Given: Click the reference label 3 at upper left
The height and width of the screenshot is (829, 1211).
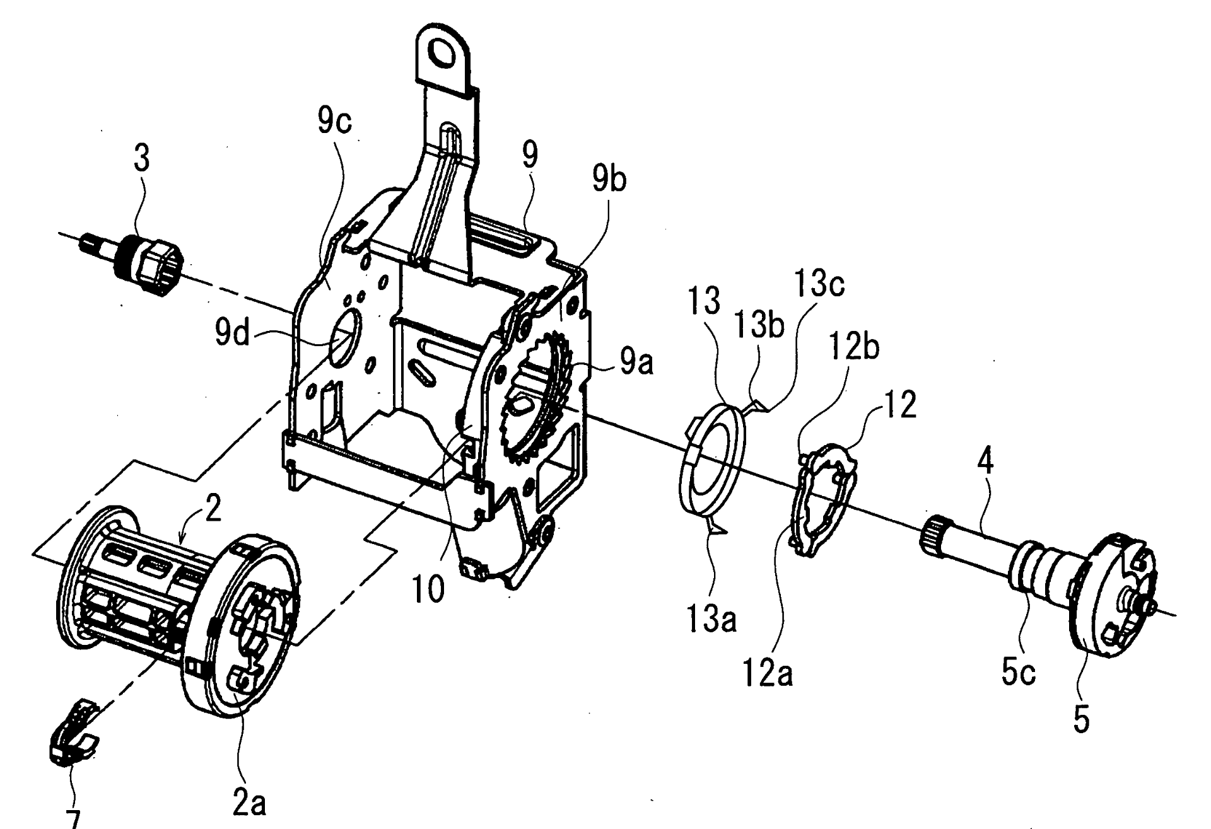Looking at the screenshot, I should coord(142,159).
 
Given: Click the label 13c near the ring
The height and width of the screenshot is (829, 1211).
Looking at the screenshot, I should coord(819,284).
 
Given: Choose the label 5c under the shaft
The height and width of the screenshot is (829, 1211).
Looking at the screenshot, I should coord(1018,674).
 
